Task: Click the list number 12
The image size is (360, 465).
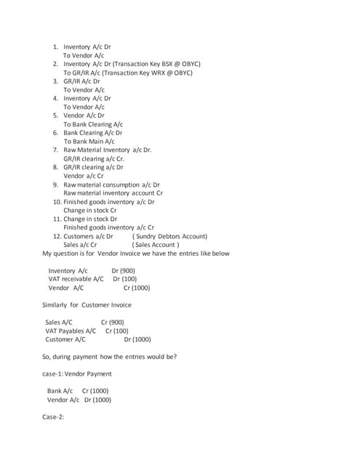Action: tap(57, 236)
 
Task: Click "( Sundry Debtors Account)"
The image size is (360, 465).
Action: tap(169, 236)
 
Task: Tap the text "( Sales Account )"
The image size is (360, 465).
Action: tap(155, 245)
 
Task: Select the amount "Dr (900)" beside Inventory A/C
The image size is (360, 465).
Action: tap(123, 270)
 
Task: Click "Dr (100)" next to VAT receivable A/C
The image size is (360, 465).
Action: tap(124, 279)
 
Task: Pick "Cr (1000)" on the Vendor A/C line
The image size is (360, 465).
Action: tap(136, 288)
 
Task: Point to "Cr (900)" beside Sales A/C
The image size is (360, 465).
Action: tap(112, 322)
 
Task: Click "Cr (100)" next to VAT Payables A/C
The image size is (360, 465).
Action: tap(116, 331)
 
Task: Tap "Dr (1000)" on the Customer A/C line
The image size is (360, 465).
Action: tap(137, 339)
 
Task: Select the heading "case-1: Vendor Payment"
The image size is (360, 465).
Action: tap(77, 373)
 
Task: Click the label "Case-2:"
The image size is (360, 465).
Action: tap(54, 417)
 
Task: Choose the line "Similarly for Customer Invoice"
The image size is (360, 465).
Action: tap(87, 304)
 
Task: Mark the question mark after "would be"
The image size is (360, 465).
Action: tap(175, 357)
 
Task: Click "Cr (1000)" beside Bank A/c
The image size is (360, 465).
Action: tap(95, 391)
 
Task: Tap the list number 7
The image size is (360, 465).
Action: tap(56, 150)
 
